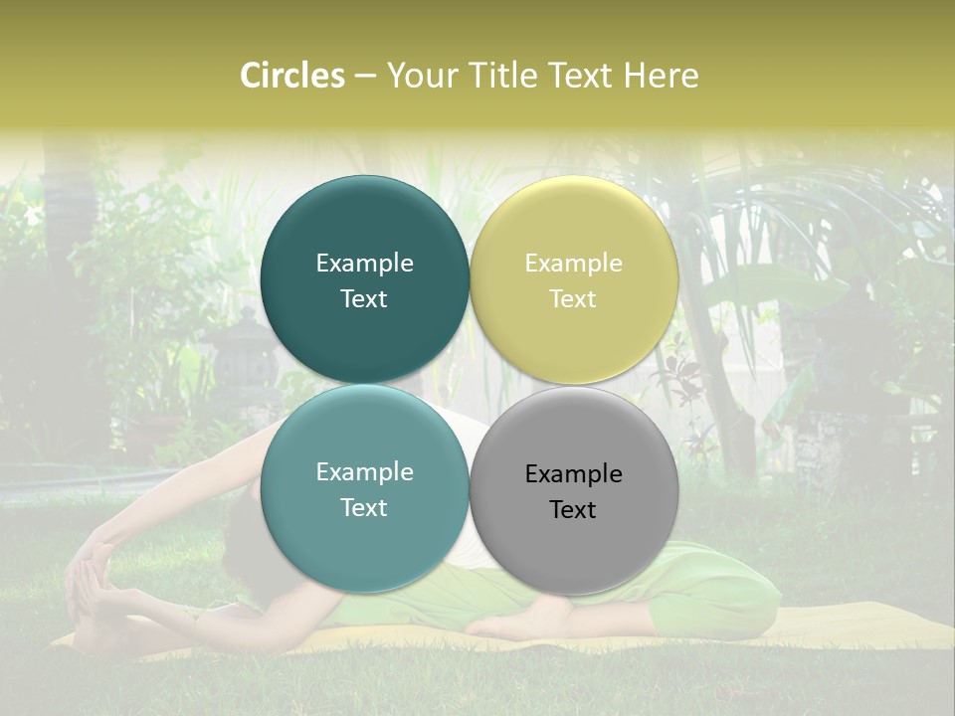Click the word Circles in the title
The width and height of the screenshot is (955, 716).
tap(292, 76)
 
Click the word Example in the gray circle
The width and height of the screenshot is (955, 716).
tap(573, 474)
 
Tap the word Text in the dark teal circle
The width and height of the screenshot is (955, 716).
tap(364, 299)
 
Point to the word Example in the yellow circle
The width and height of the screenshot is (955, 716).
tap(573, 264)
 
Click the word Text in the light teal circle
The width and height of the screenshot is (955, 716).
tap(364, 508)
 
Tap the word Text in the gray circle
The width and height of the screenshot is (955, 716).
tap(573, 510)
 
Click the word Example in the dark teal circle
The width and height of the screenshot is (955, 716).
tap(364, 264)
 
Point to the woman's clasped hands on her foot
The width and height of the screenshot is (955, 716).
tap(92, 569)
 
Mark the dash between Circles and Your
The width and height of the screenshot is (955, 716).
tap(364, 76)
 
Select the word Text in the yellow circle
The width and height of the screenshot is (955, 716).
tap(573, 299)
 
